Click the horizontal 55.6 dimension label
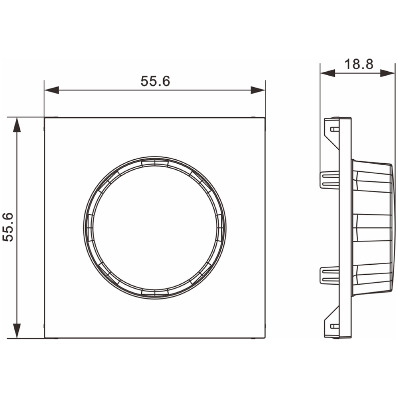pyautogui.click(x=155, y=81)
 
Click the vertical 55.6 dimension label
pyautogui.click(x=8, y=227)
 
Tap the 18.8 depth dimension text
pyautogui.click(x=359, y=64)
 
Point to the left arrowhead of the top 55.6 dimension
pyautogui.click(x=52, y=90)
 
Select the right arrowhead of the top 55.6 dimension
pyautogui.click(x=258, y=90)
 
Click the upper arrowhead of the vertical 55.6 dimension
pyautogui.click(x=17, y=125)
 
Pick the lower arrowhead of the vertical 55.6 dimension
pyautogui.click(x=17, y=331)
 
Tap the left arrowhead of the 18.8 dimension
pyautogui.click(x=328, y=73)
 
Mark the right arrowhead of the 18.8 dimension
pyautogui.click(x=387, y=73)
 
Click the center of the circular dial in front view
pyautogui.click(x=155, y=228)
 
